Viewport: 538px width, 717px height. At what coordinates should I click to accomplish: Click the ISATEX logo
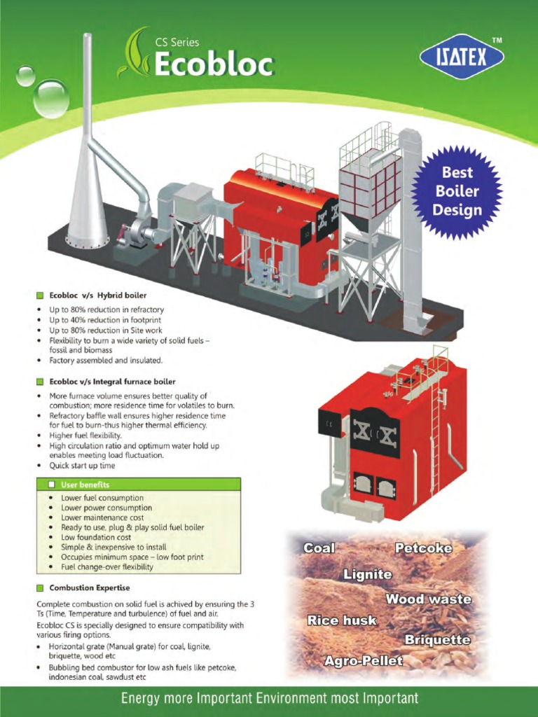[462, 57]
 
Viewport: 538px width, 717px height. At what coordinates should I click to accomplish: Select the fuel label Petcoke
[423, 548]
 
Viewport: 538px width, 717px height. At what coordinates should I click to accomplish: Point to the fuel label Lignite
[367, 574]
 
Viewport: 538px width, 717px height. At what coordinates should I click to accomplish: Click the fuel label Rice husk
[342, 620]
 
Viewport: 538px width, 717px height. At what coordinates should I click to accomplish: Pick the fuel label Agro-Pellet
[364, 660]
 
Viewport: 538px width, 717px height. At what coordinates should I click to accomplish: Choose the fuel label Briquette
[437, 640]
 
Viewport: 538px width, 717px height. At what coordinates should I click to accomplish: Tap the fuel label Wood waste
[428, 599]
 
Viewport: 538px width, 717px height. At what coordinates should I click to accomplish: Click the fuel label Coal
[319, 548]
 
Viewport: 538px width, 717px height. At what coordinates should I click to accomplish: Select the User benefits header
[85, 485]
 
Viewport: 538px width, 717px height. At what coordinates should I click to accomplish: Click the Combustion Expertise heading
[89, 587]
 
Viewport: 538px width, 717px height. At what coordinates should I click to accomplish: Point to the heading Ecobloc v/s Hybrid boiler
[97, 295]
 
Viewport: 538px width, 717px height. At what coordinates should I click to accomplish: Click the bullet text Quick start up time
[82, 465]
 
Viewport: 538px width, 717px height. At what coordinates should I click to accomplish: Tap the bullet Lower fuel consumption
[102, 498]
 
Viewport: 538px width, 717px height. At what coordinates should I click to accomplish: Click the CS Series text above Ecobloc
[177, 43]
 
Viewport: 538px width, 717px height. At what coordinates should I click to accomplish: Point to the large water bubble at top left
[50, 98]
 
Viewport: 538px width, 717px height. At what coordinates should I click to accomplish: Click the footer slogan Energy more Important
[269, 698]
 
